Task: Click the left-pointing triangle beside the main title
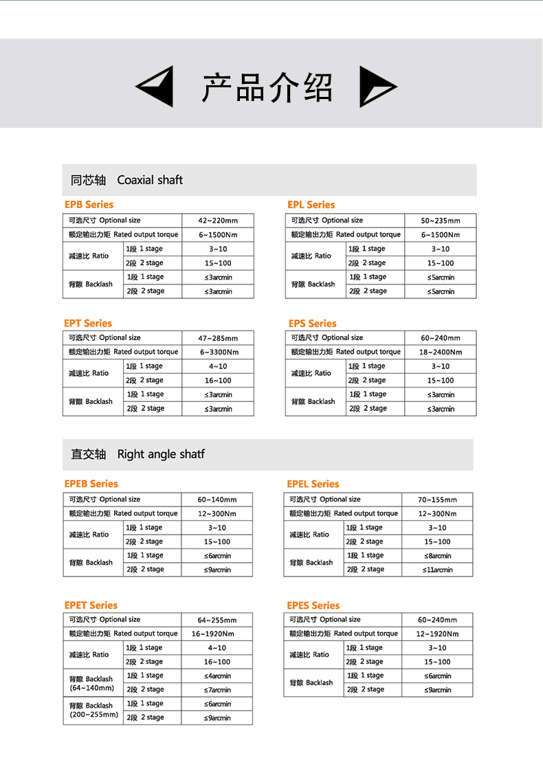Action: (157, 87)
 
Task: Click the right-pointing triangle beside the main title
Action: (376, 87)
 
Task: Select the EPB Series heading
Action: (89, 205)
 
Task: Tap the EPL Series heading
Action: (311, 205)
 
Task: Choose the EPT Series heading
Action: (88, 323)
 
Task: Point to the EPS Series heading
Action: (312, 323)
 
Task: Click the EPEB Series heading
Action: (91, 484)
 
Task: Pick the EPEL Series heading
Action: (313, 484)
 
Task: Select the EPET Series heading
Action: (91, 605)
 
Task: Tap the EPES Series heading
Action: (313, 605)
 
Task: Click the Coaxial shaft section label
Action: (127, 180)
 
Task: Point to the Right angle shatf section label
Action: (138, 454)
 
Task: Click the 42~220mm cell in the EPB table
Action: (217, 221)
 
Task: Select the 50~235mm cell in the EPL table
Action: (440, 221)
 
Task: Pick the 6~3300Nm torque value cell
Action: (217, 352)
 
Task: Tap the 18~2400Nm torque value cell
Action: (440, 352)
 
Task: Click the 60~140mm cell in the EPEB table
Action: (217, 500)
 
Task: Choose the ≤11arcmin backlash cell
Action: (437, 570)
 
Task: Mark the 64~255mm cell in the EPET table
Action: (217, 620)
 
